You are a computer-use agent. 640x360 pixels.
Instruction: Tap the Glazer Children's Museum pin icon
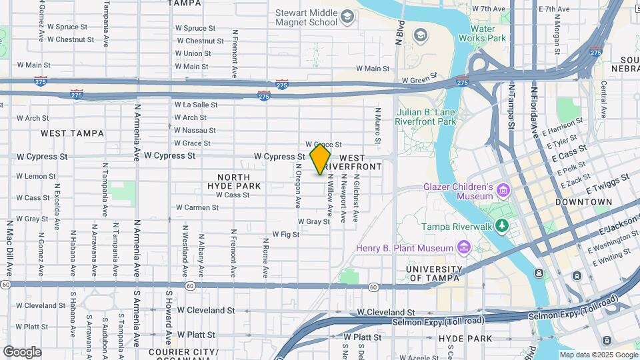coord(503,191)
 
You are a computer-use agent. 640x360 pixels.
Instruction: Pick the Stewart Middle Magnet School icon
coord(347,17)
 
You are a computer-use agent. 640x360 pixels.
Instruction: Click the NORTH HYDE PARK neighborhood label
coord(229,181)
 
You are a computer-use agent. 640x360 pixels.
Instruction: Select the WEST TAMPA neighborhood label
coord(72,133)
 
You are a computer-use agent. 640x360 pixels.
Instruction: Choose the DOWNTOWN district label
coord(584,201)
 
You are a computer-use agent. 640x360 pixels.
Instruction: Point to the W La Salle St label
coord(196,105)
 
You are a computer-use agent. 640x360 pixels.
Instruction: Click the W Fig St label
coord(286,235)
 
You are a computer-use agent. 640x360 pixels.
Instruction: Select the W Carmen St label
coord(197,207)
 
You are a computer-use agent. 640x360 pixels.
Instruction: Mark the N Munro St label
coord(377,127)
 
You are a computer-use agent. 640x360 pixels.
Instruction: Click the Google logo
coord(22,351)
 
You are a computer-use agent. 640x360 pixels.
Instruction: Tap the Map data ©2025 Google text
coord(599,355)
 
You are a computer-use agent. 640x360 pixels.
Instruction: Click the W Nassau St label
coord(195,130)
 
